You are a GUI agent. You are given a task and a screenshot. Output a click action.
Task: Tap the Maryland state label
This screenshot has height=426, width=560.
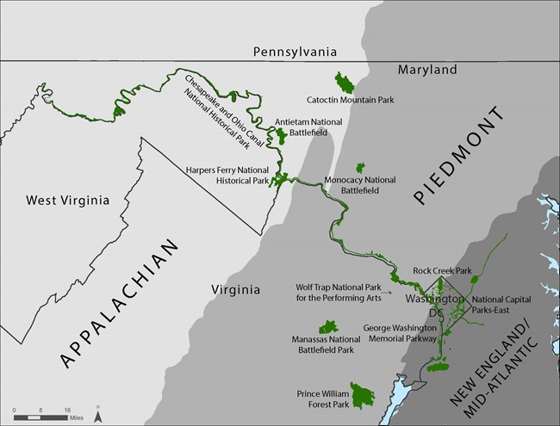coord(427,70)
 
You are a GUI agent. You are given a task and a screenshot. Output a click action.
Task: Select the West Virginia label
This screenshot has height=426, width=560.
coord(67,201)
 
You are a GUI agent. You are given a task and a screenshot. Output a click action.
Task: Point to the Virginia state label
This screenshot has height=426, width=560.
coord(235,290)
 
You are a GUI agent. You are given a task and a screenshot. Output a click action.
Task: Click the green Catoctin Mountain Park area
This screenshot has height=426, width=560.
coord(345,83)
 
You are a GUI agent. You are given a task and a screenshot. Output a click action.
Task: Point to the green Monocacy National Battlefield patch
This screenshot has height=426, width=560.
coord(360,167)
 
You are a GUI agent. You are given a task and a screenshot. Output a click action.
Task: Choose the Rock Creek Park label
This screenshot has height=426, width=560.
coord(442,270)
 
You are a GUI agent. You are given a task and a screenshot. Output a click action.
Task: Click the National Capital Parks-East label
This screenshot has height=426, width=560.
coord(501,306)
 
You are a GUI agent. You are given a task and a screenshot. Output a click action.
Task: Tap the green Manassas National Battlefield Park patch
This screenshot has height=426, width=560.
coord(328,327)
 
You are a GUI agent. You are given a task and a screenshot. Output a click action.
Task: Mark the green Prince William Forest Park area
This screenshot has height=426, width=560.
coord(363,395)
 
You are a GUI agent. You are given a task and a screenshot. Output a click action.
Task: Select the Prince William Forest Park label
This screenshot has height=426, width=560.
coord(323,398)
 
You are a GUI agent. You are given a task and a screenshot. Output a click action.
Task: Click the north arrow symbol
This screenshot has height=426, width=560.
coord(98,414)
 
